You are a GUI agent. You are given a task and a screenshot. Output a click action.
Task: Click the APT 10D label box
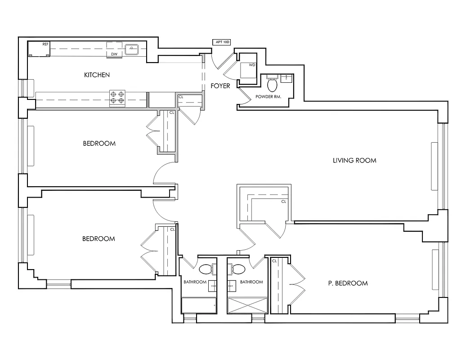tap(221, 42)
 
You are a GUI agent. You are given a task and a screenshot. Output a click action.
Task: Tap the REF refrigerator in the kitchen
tap(39, 49)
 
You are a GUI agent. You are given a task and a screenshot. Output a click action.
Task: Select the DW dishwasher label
tap(114, 54)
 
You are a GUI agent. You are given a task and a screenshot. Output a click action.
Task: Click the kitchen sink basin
tap(132, 49)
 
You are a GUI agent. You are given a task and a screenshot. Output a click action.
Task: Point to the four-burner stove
tap(117, 98)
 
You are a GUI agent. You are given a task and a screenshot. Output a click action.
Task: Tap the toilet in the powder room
tap(272, 84)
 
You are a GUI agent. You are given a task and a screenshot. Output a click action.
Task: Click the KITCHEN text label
tap(97, 75)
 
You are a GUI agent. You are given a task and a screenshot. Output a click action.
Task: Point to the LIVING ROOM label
tap(354, 160)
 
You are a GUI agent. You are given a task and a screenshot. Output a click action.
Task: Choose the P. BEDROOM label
tap(348, 283)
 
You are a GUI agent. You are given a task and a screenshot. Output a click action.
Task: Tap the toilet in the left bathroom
tap(206, 269)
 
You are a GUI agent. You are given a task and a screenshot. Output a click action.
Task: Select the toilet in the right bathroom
tap(238, 269)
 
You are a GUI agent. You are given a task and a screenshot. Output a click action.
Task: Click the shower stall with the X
tap(247, 306)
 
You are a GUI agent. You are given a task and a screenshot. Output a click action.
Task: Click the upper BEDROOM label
tap(99, 144)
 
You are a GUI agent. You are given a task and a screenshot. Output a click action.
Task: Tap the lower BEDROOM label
tap(99, 238)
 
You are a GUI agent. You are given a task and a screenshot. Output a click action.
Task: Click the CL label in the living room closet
tap(283, 202)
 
